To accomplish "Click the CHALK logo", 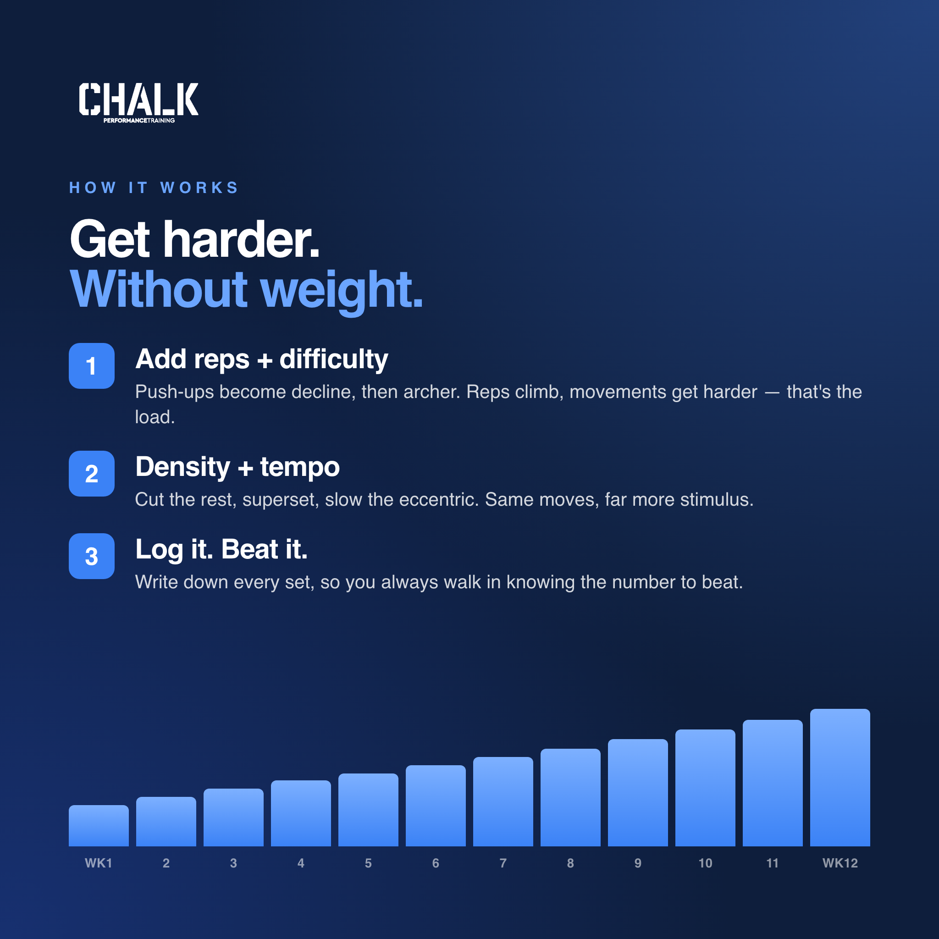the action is tap(138, 103).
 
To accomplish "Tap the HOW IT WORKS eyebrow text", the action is tap(154, 188).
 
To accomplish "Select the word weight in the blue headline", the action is tap(342, 291).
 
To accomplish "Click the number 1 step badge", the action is tap(91, 366).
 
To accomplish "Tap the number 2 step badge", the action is tap(91, 473).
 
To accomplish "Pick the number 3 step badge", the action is tap(91, 556).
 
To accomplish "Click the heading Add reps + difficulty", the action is tap(261, 360).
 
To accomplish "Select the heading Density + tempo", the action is tap(237, 468).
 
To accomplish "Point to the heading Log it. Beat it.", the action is tap(221, 550).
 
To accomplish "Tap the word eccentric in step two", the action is tap(438, 500).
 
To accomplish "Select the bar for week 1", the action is tap(99, 825).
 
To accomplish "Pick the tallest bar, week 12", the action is tap(840, 777).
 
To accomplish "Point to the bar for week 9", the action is tap(638, 792).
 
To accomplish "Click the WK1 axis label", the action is tap(99, 863).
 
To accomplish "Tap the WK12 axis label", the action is tap(840, 863).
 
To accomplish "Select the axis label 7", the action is tap(503, 863).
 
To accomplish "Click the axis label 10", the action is tap(705, 863).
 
